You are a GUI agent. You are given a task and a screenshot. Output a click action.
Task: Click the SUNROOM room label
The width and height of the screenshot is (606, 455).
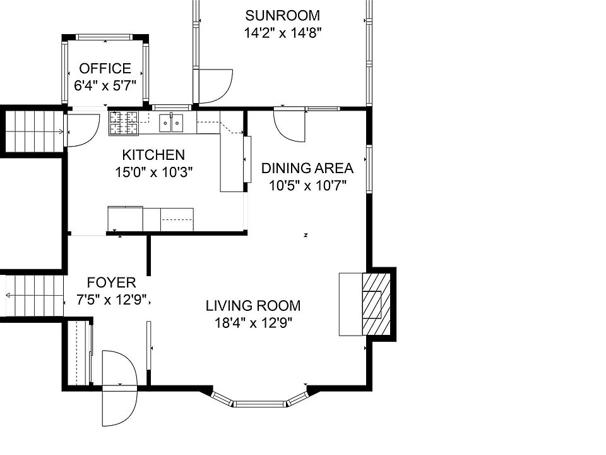[x=283, y=15]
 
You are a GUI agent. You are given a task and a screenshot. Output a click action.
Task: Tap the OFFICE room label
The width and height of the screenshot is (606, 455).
[x=105, y=68]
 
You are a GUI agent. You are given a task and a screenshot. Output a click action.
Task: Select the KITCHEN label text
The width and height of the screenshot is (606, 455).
[x=153, y=155]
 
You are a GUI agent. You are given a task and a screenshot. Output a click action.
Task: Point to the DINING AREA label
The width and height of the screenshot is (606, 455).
[x=307, y=168]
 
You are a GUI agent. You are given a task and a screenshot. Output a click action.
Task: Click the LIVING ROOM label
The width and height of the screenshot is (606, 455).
[x=253, y=306]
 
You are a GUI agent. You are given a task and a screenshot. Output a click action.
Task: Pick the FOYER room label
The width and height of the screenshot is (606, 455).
[x=111, y=282]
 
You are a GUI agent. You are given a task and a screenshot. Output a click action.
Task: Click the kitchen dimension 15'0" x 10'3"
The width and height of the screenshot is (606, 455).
[x=153, y=172]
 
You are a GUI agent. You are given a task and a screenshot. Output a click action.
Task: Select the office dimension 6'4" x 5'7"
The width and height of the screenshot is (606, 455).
[x=105, y=85]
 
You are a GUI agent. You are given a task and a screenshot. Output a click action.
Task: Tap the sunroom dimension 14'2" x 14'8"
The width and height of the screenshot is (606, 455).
[x=283, y=33]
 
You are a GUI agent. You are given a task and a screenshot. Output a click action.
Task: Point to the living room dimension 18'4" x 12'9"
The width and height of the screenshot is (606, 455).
[x=253, y=323]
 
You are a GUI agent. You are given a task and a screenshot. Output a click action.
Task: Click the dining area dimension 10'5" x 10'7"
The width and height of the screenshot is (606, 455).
[x=307, y=186]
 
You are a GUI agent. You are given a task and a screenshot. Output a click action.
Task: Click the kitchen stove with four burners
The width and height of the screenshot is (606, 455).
[x=124, y=123]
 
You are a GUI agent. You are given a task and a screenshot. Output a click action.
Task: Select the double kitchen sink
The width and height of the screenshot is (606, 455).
[x=171, y=123]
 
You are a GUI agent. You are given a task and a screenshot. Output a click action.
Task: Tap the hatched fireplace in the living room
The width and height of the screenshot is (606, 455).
[x=376, y=304]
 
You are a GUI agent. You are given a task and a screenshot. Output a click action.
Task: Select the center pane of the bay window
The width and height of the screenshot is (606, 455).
[x=259, y=404]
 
